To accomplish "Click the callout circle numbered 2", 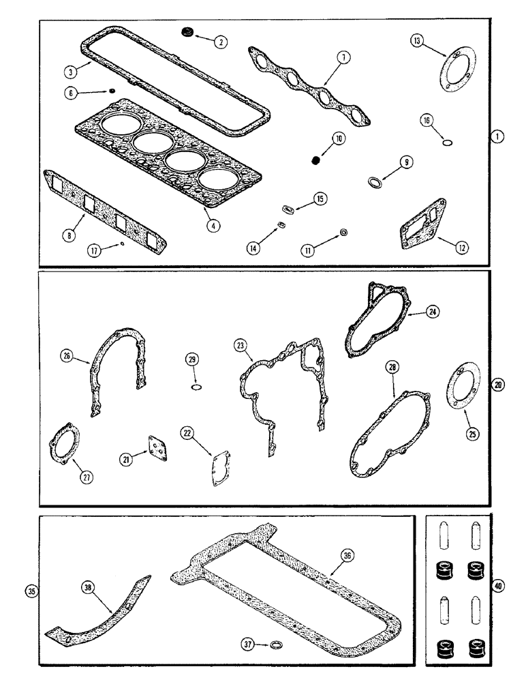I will (x=220, y=42).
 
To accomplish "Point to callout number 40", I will (x=498, y=585).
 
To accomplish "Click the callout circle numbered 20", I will (x=498, y=385).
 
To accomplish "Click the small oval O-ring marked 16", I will (x=447, y=143).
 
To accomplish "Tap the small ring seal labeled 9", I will (x=375, y=182).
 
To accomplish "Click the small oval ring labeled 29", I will (x=196, y=388).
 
